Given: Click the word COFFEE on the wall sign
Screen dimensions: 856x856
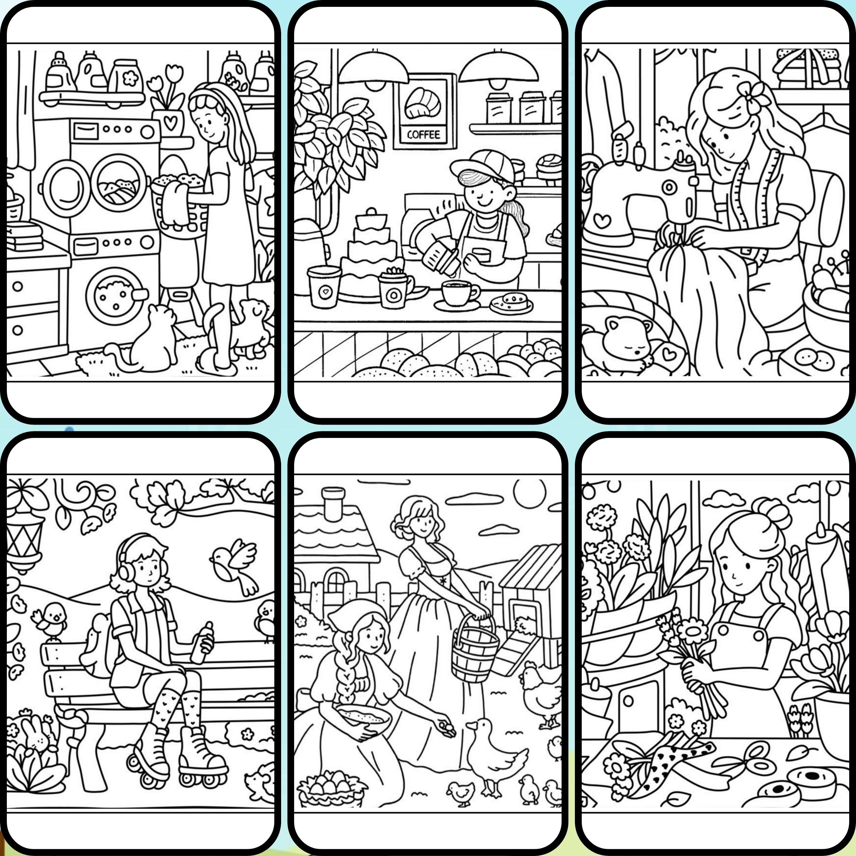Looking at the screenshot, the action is click(424, 134).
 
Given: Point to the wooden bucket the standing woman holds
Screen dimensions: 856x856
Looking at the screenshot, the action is click(475, 646).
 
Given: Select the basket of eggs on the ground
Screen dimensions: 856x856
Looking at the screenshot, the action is click(330, 791).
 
